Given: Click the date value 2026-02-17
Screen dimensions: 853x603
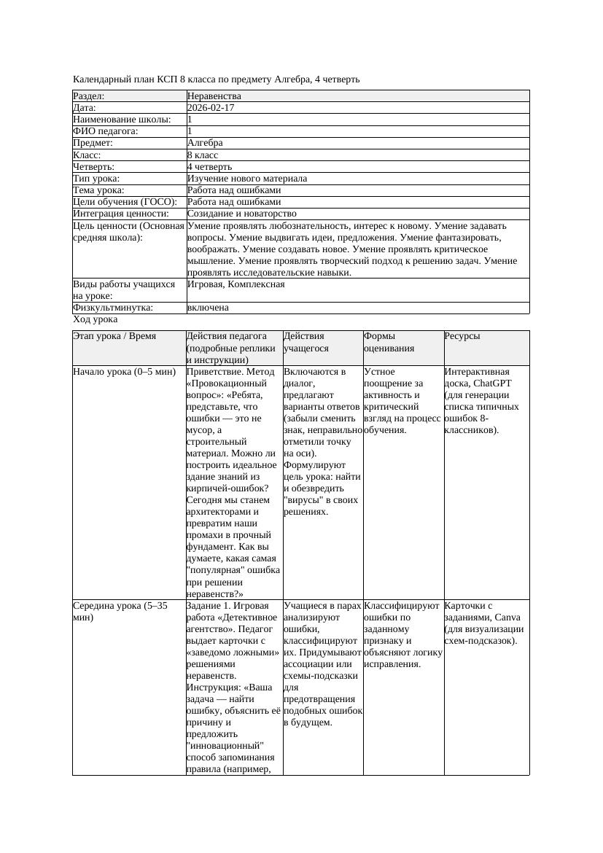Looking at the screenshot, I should coord(211,108).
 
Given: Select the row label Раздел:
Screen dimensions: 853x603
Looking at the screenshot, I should coord(89,96).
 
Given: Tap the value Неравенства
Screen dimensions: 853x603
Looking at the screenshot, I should coord(214,96).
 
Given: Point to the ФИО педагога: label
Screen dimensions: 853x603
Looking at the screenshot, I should coord(106,131).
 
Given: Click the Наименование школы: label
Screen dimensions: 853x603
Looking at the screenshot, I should coord(122,120).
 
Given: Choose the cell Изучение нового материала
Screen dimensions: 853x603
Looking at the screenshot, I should coord(247,179).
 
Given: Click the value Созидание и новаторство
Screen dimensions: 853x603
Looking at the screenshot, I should coord(241,214).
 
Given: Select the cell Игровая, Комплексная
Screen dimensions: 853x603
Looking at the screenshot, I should coord(236,284).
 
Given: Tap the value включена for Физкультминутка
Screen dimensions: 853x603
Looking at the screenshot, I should coord(208,308).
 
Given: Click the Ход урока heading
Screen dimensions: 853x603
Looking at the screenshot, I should coord(96,319).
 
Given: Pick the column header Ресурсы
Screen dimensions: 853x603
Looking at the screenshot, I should coord(462,336).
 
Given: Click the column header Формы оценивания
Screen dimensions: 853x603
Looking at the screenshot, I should coord(389,342).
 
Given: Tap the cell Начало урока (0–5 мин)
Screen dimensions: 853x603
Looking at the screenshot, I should coord(125,372).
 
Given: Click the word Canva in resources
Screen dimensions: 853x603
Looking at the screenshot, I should coord(499,618).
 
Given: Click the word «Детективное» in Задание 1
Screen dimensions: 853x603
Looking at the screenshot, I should coord(242,618).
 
